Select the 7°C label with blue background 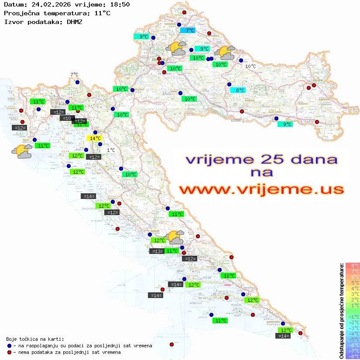188,31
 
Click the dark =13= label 157,251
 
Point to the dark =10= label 67,118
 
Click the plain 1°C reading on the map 111,150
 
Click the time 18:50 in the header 120,4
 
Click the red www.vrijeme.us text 261,189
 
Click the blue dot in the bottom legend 9,346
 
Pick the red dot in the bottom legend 9,352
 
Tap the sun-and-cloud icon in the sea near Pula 22,151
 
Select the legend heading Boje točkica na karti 35,339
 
